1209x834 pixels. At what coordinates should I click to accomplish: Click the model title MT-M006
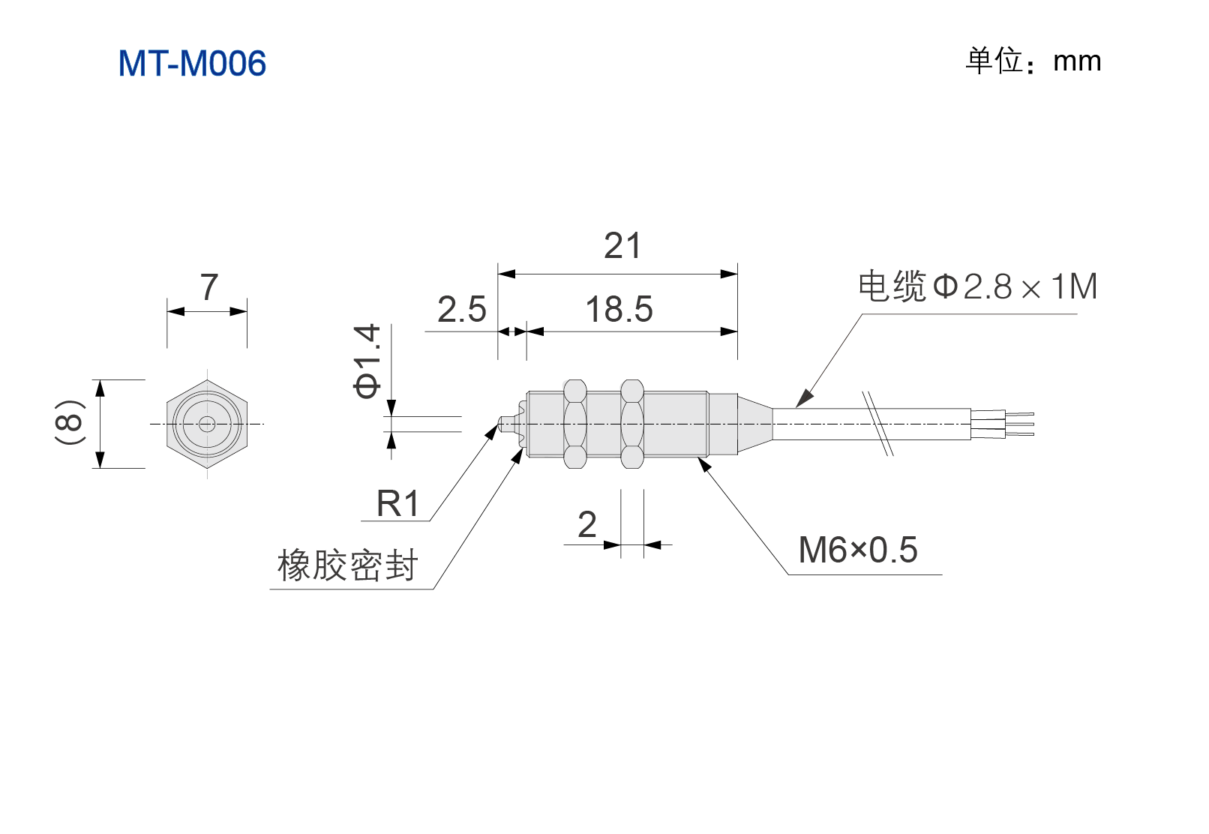click(x=192, y=63)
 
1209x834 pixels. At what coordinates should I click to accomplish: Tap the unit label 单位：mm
click(x=1033, y=61)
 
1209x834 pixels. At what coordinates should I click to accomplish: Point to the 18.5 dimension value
click(x=619, y=309)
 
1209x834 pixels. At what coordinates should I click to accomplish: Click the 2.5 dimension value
click(x=462, y=309)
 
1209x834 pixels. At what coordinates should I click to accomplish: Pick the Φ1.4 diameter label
click(x=367, y=361)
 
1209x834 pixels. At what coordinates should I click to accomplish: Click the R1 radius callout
click(x=397, y=504)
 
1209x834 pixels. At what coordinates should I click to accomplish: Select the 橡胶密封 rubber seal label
click(x=347, y=565)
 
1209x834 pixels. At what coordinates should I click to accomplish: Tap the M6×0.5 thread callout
click(x=858, y=550)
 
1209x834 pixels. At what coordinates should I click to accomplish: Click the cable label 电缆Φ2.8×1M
click(x=978, y=286)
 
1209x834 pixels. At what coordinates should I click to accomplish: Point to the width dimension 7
click(x=209, y=287)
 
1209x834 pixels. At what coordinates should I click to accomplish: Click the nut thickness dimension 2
click(x=587, y=524)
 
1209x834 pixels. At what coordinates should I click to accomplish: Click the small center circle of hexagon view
click(x=207, y=424)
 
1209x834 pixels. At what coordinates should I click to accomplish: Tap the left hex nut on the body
click(x=574, y=424)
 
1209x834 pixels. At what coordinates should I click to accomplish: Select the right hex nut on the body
click(x=632, y=424)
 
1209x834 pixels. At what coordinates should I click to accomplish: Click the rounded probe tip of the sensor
click(x=504, y=424)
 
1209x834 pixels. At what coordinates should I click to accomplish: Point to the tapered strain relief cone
click(x=755, y=424)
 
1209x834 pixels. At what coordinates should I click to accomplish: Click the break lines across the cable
click(x=878, y=424)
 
